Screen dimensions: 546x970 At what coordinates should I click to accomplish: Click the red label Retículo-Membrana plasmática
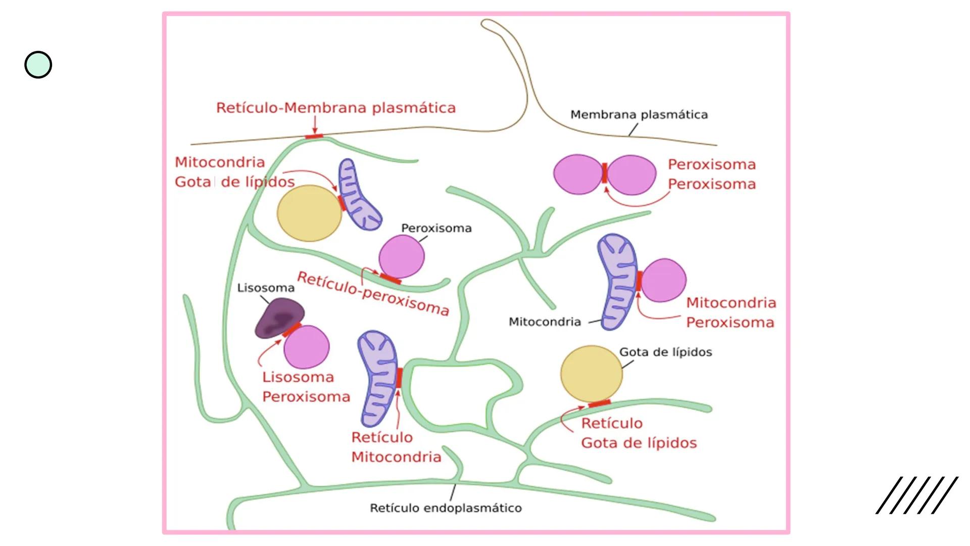point(335,108)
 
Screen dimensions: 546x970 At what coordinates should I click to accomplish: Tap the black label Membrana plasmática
point(639,115)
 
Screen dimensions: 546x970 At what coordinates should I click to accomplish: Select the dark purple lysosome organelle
point(279,317)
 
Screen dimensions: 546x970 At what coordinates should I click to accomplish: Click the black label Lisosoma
point(266,288)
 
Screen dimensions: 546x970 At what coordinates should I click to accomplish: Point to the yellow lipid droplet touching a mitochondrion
point(309,213)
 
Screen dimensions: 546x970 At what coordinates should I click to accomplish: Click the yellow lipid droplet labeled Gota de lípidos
point(591,374)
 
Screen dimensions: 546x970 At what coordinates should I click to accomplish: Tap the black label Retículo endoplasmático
point(446,508)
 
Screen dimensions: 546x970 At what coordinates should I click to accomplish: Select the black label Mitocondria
point(545,322)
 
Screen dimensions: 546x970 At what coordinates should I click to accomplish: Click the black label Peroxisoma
point(436,228)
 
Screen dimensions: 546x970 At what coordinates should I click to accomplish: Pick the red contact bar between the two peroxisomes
point(604,173)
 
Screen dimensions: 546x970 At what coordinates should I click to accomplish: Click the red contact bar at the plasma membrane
point(314,136)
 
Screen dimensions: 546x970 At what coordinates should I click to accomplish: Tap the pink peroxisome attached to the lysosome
point(307,347)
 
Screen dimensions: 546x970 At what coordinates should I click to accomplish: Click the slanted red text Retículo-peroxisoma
point(373,294)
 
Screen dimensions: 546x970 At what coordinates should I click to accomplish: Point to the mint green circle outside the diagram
point(38,65)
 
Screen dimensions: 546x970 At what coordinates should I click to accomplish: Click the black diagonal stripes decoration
point(916,495)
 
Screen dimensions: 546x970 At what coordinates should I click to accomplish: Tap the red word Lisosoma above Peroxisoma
point(298,377)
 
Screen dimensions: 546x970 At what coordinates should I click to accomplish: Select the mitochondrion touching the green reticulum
point(378,379)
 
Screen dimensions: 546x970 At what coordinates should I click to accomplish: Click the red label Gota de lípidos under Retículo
point(639,443)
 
